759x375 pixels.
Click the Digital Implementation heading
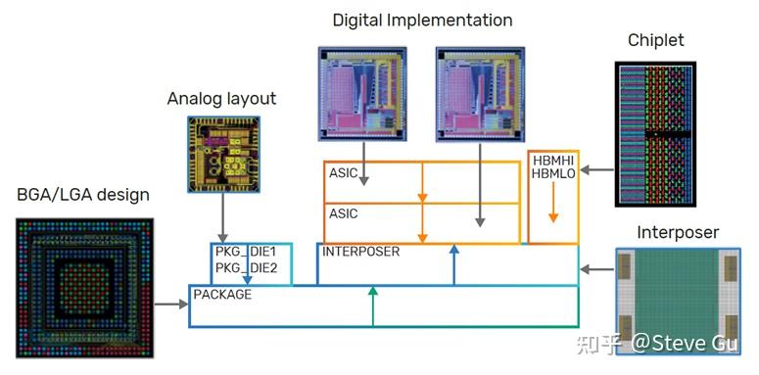[x=421, y=20]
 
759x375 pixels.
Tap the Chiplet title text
[x=655, y=40]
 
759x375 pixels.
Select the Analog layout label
[x=221, y=99]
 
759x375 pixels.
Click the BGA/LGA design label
[x=83, y=194]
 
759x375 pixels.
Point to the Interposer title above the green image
[x=677, y=232]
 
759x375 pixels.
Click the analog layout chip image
[x=222, y=154]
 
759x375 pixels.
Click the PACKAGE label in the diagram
[x=222, y=295]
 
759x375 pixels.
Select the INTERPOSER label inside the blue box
[x=361, y=252]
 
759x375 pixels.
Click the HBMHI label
[x=553, y=160]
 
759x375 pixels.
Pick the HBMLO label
[x=553, y=173]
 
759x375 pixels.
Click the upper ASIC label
[x=344, y=173]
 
